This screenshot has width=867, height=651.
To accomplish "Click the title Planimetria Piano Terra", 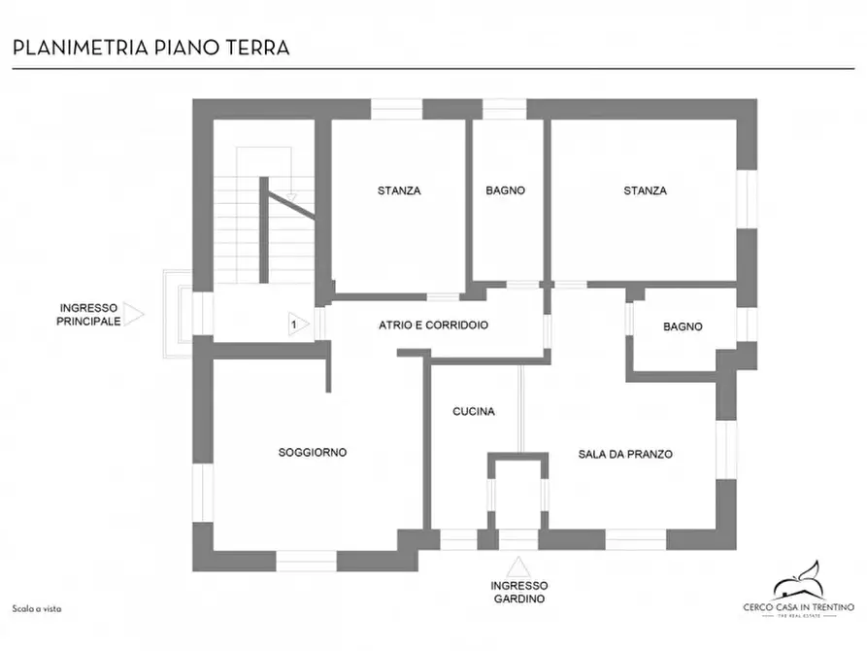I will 150,47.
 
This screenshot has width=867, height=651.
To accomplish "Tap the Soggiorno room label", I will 312,453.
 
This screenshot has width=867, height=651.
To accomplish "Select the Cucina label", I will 474,412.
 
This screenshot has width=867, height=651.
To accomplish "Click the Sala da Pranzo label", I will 625,454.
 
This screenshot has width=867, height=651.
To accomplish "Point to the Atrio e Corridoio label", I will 433,325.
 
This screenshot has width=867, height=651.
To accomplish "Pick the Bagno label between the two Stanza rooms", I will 505,191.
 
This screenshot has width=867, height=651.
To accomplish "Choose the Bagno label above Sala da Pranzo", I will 683,327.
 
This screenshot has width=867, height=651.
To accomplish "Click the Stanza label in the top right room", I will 645,191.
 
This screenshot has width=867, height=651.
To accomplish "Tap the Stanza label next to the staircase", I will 399,191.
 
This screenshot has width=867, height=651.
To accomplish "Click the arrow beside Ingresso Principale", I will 133,315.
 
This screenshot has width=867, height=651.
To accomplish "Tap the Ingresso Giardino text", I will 518,593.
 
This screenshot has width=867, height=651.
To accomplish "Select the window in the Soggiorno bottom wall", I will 306,561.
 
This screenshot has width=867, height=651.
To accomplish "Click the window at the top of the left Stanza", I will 397,108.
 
